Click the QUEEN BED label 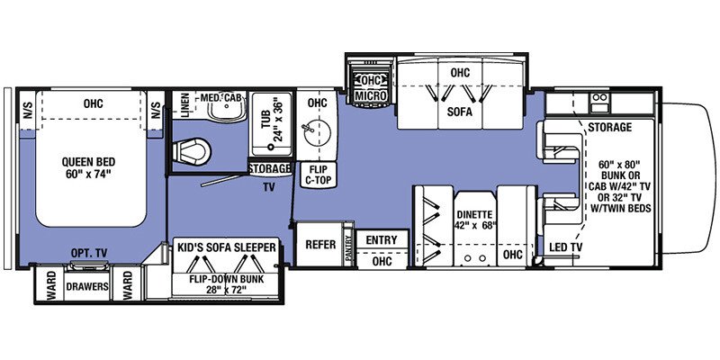[89, 162]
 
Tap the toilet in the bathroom [192, 151]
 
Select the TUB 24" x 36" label [272, 120]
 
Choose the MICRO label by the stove [371, 95]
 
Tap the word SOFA [460, 112]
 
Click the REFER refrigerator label [320, 245]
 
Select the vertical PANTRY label [349, 248]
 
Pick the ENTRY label [382, 240]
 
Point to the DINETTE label [475, 214]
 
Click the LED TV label [566, 247]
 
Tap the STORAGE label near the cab [610, 127]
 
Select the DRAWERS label [87, 287]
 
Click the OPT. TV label [89, 253]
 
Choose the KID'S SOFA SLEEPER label [227, 247]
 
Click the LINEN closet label [185, 104]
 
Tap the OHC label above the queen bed [94, 103]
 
